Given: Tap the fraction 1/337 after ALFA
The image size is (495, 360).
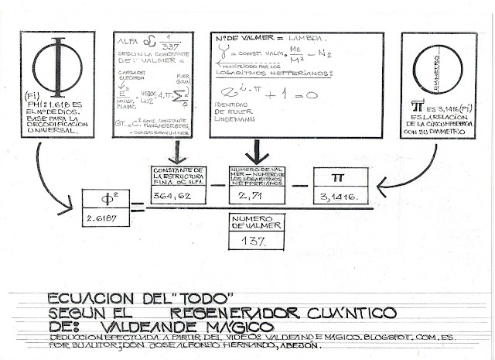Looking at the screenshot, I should point(172,41).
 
